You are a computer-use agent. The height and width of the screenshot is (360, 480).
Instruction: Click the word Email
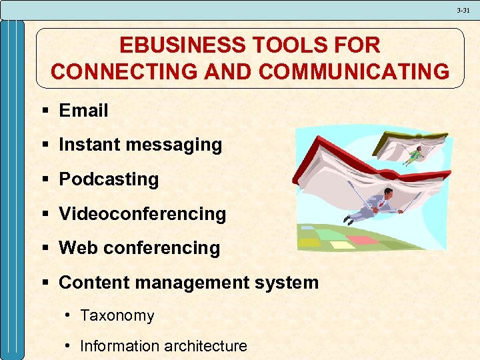click(x=83, y=111)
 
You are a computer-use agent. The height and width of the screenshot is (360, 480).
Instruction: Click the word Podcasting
click(x=109, y=179)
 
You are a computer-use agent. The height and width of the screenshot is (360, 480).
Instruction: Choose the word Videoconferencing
click(x=143, y=214)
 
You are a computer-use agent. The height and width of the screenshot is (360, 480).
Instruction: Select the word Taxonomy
click(x=117, y=315)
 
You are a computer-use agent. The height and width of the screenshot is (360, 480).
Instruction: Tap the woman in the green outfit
click(x=414, y=155)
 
